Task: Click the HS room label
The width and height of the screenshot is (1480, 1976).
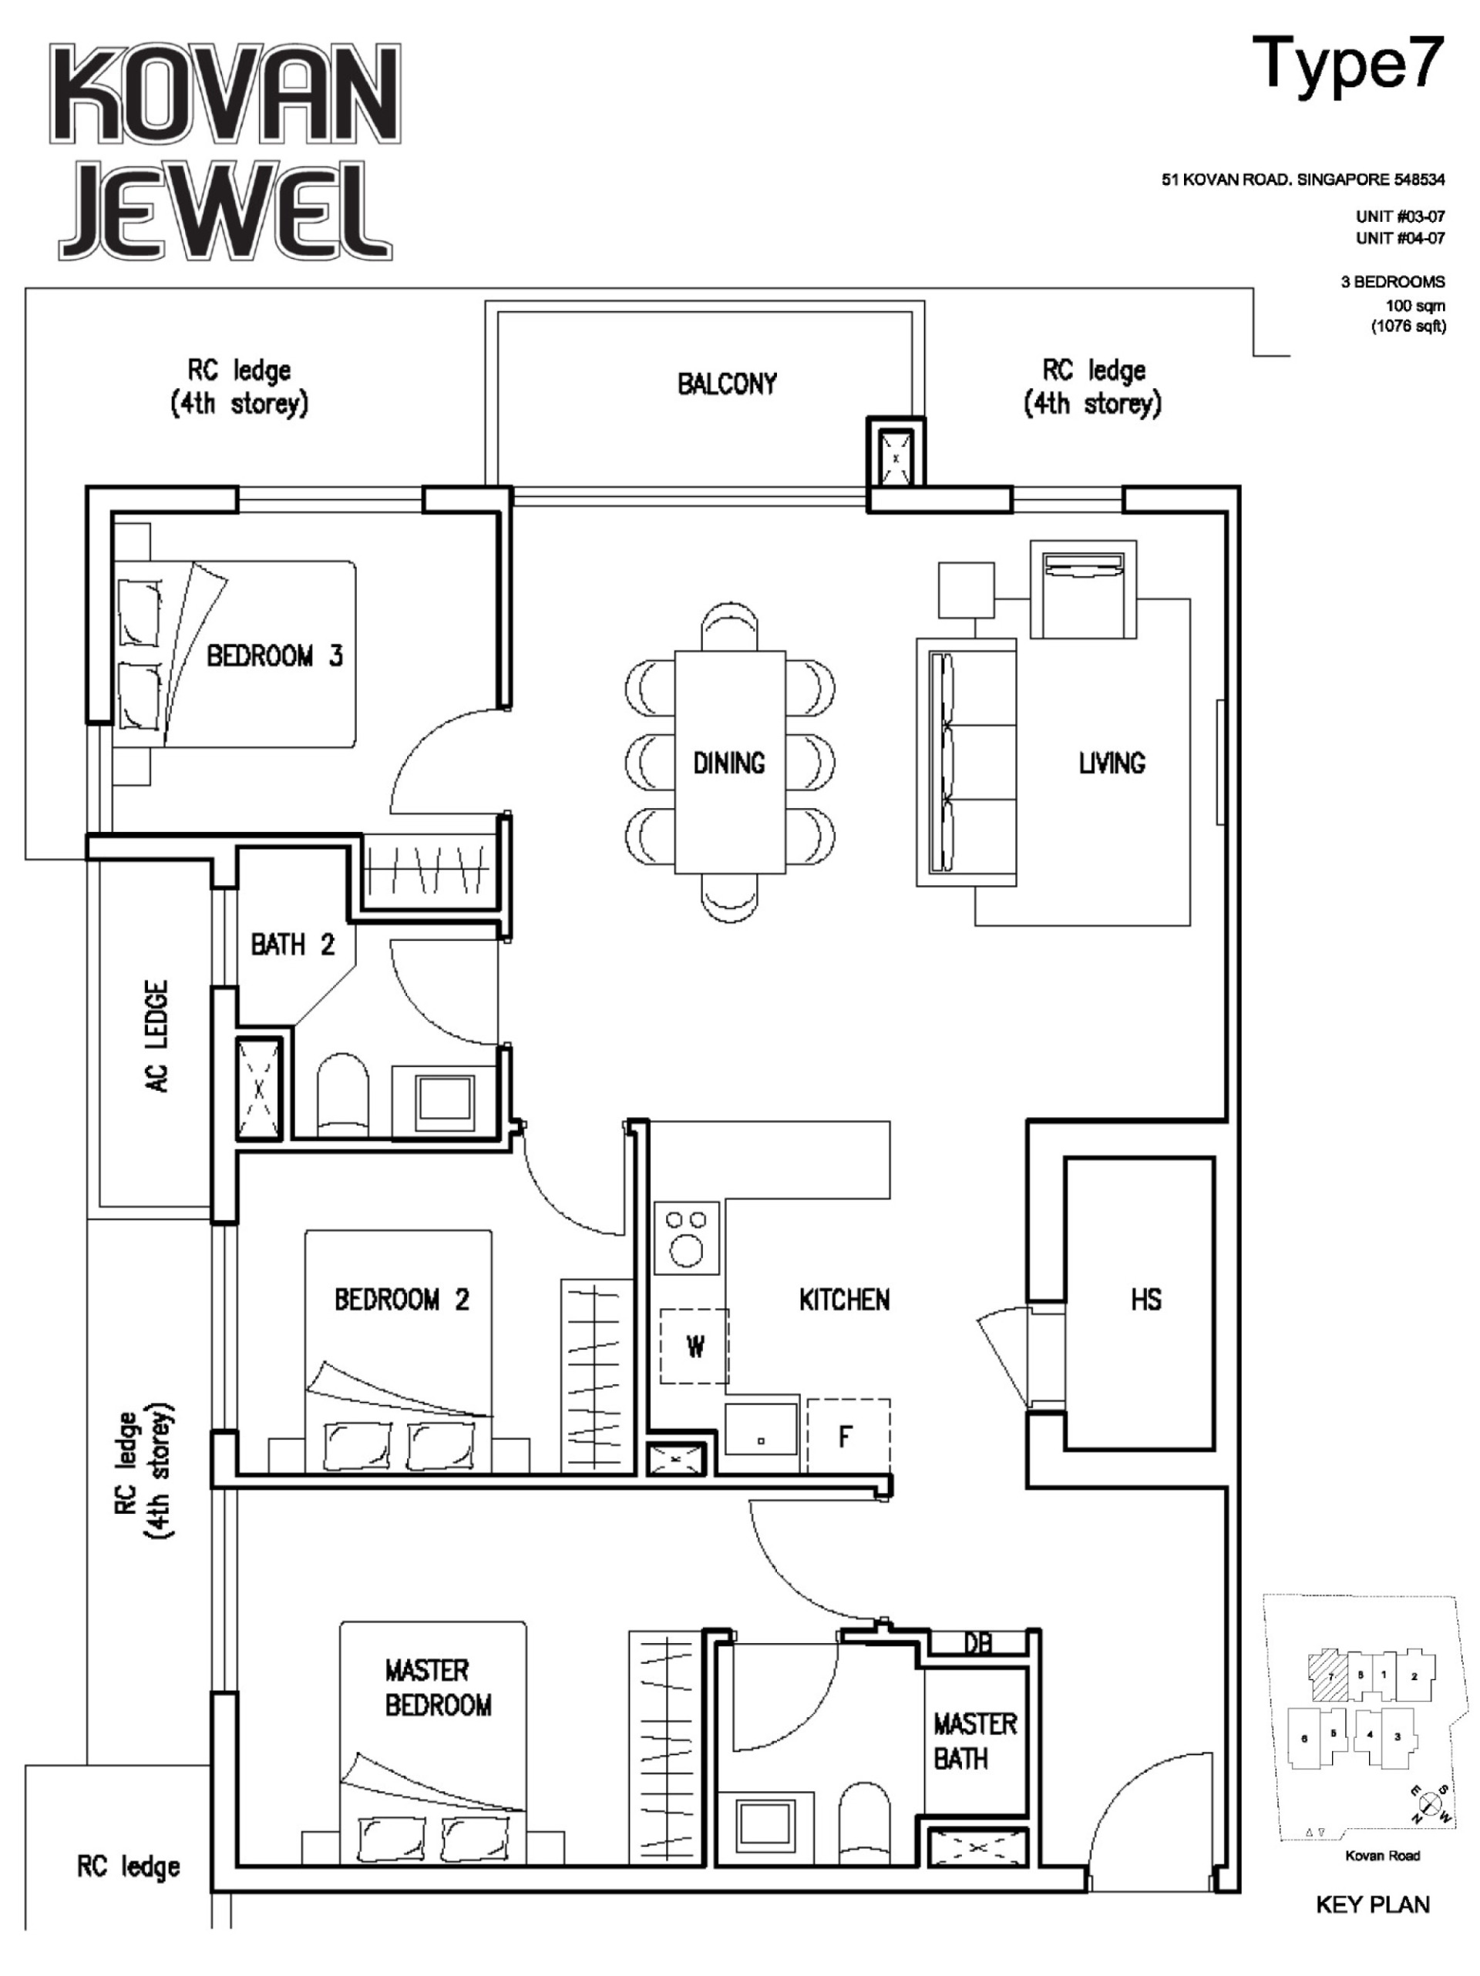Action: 1145,1299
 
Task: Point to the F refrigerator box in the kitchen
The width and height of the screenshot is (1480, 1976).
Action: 847,1435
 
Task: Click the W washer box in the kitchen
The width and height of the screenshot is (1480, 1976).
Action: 695,1346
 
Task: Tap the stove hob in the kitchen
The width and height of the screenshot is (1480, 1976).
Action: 685,1238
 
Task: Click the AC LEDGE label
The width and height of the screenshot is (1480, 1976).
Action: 156,1036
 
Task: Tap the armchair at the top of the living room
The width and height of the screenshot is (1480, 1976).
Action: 1082,589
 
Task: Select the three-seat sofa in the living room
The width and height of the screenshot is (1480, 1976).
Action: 965,762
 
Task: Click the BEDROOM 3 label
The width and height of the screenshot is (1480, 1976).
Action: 274,656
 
